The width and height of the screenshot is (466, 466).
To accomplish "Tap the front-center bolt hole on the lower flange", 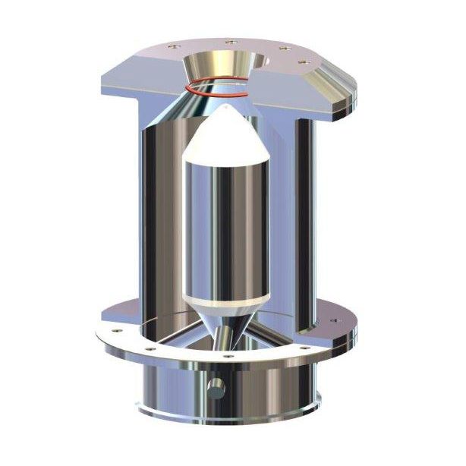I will (226, 355).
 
